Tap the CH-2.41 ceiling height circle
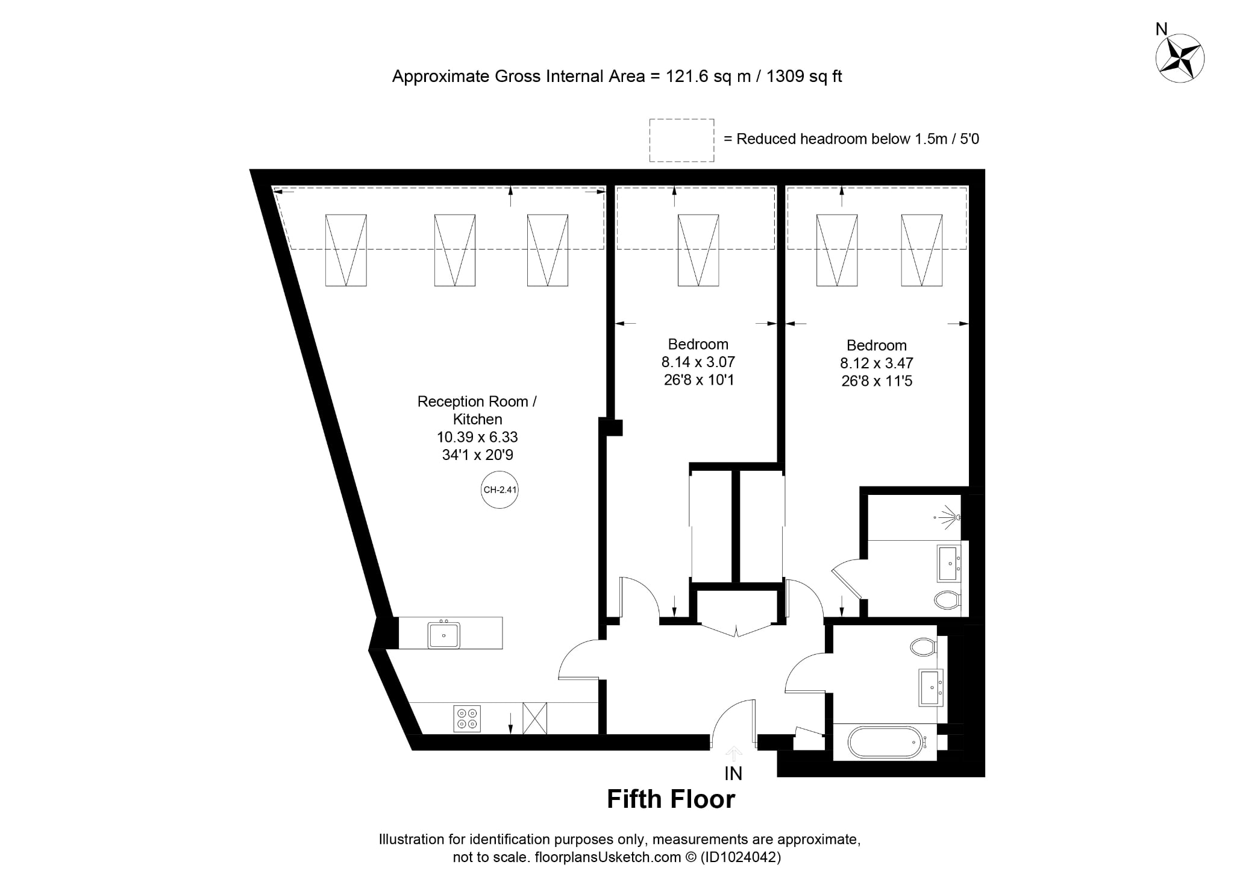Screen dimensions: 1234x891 click(500, 490)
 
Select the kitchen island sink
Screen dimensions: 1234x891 click(444, 635)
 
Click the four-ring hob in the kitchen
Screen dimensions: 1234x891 click(467, 718)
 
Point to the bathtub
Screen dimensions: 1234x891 click(885, 743)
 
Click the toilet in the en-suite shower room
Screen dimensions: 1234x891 click(948, 600)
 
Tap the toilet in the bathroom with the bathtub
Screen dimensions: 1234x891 click(923, 647)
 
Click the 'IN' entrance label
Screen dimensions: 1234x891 click(733, 773)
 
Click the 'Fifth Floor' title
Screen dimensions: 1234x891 click(671, 799)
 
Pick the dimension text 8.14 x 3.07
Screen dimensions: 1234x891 click(698, 362)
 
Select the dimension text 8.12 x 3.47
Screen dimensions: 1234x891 click(877, 364)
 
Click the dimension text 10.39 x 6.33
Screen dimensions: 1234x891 click(477, 437)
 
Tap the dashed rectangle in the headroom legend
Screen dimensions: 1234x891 click(681, 140)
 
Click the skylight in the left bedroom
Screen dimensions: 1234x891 click(698, 250)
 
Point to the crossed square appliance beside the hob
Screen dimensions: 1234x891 click(534, 718)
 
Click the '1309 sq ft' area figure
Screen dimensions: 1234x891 click(804, 77)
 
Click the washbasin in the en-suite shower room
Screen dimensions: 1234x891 click(949, 564)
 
